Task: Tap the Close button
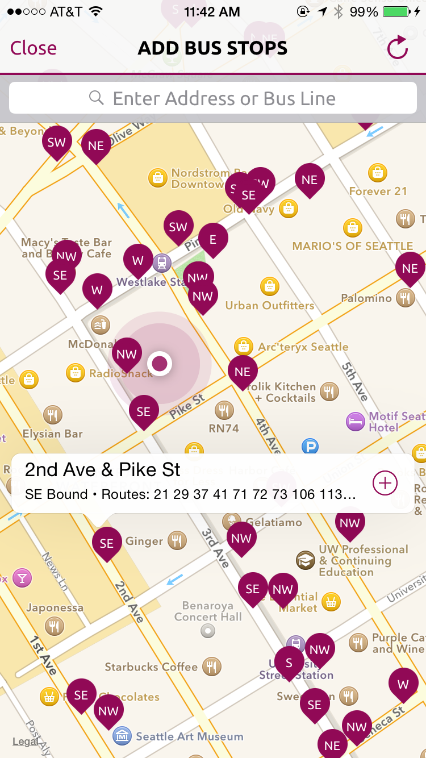click(x=34, y=48)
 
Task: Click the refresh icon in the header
click(x=397, y=48)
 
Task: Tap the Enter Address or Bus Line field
click(x=213, y=98)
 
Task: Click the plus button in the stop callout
click(x=385, y=483)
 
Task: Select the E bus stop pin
click(x=213, y=239)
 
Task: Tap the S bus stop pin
click(x=289, y=662)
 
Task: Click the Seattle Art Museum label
click(x=189, y=737)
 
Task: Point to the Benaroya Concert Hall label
click(x=208, y=611)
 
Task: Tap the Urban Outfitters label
click(x=269, y=306)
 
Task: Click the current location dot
click(x=160, y=363)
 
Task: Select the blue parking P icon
click(x=310, y=447)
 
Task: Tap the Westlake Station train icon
click(x=162, y=263)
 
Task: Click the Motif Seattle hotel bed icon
click(x=356, y=422)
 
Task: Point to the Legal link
click(x=25, y=742)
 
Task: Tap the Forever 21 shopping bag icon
click(x=377, y=172)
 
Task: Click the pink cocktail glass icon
click(x=22, y=578)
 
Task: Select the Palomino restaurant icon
click(x=406, y=298)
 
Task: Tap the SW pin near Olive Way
click(x=57, y=142)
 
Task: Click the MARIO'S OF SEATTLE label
click(x=352, y=246)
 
